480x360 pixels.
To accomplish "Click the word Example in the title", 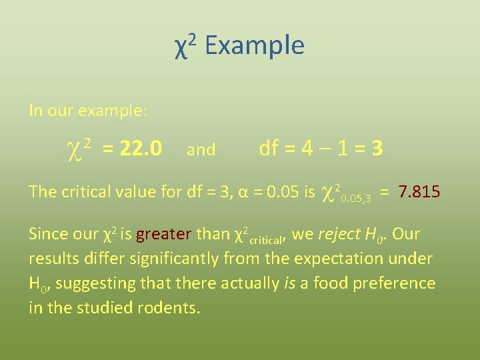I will click(254, 46).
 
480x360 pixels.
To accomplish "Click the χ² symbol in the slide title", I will click(184, 46).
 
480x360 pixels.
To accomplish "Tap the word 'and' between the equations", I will click(201, 150).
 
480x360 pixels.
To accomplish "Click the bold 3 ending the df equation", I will click(377, 148).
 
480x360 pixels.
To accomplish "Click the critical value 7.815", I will click(419, 192).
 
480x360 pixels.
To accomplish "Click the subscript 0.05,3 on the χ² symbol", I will click(355, 197).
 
